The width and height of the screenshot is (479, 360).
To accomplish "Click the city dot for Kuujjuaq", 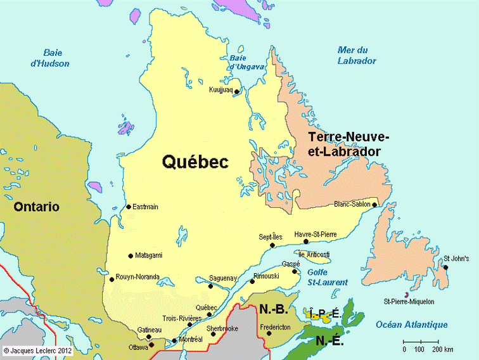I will [236, 92].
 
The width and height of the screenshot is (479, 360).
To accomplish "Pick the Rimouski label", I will [265, 276].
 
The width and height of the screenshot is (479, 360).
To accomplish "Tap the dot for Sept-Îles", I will [273, 245].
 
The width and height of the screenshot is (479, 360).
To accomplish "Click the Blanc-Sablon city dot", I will [375, 205].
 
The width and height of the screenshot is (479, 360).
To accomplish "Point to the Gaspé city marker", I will [295, 271].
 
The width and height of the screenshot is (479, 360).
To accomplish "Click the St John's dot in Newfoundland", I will [446, 267].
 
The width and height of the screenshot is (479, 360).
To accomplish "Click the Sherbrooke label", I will [222, 328].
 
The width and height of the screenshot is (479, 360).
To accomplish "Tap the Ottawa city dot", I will [151, 345].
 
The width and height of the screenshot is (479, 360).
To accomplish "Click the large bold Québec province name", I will [195, 162].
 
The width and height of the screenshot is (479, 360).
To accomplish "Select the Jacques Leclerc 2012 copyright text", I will [38, 350].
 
